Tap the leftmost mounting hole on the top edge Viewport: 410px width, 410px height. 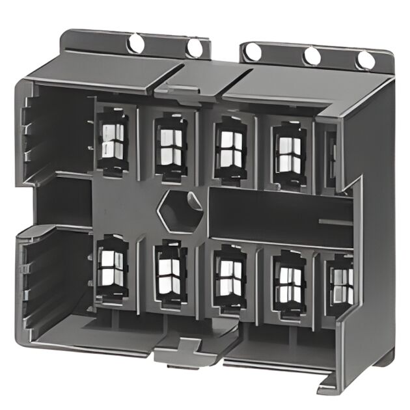136,43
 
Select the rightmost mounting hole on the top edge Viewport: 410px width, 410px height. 366,60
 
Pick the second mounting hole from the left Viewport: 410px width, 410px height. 195,48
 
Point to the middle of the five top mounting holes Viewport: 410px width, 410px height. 253,51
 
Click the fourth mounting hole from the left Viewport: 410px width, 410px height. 312,56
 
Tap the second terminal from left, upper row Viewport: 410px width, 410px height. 171,146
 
